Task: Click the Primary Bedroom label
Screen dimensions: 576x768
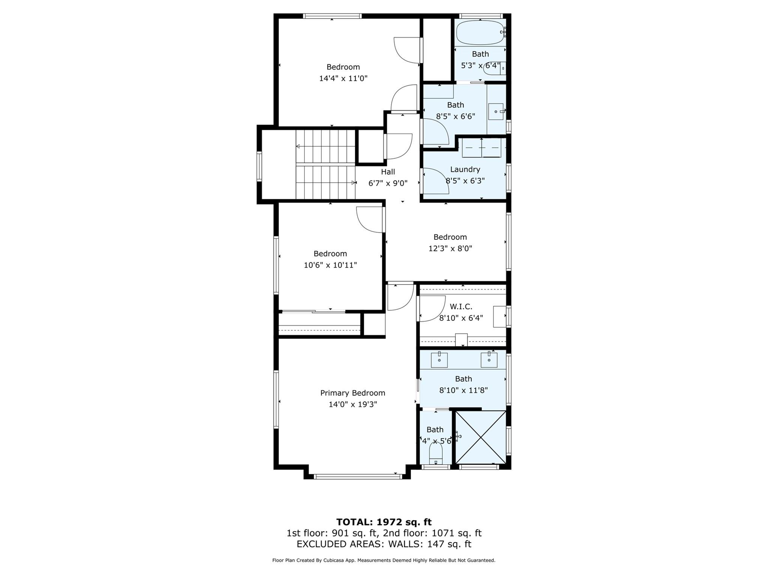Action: click(352, 393)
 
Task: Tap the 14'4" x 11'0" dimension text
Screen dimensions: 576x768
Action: click(343, 78)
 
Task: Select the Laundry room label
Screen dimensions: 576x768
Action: click(465, 169)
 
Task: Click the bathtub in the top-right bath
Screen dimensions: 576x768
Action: click(479, 33)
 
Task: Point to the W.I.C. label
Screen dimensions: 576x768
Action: click(461, 307)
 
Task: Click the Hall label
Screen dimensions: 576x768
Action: click(388, 172)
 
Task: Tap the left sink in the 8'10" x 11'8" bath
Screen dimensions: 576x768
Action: click(439, 360)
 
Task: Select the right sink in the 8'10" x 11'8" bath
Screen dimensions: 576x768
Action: click(489, 360)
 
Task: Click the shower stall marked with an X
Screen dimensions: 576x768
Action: click(481, 437)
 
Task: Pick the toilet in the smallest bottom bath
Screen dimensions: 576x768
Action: click(436, 454)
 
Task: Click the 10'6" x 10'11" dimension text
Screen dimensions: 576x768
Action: click(330, 265)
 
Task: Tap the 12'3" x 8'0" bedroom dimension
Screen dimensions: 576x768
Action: click(450, 248)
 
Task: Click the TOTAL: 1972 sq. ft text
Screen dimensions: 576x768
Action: click(384, 522)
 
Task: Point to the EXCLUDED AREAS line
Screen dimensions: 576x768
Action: click(384, 544)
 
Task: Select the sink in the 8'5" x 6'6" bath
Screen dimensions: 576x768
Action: click(496, 111)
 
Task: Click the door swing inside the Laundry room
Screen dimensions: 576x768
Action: click(435, 181)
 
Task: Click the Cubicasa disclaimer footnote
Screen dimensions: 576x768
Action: click(384, 560)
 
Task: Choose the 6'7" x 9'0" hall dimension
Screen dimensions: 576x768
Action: click(388, 183)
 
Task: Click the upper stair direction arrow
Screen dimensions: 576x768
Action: click(298, 146)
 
